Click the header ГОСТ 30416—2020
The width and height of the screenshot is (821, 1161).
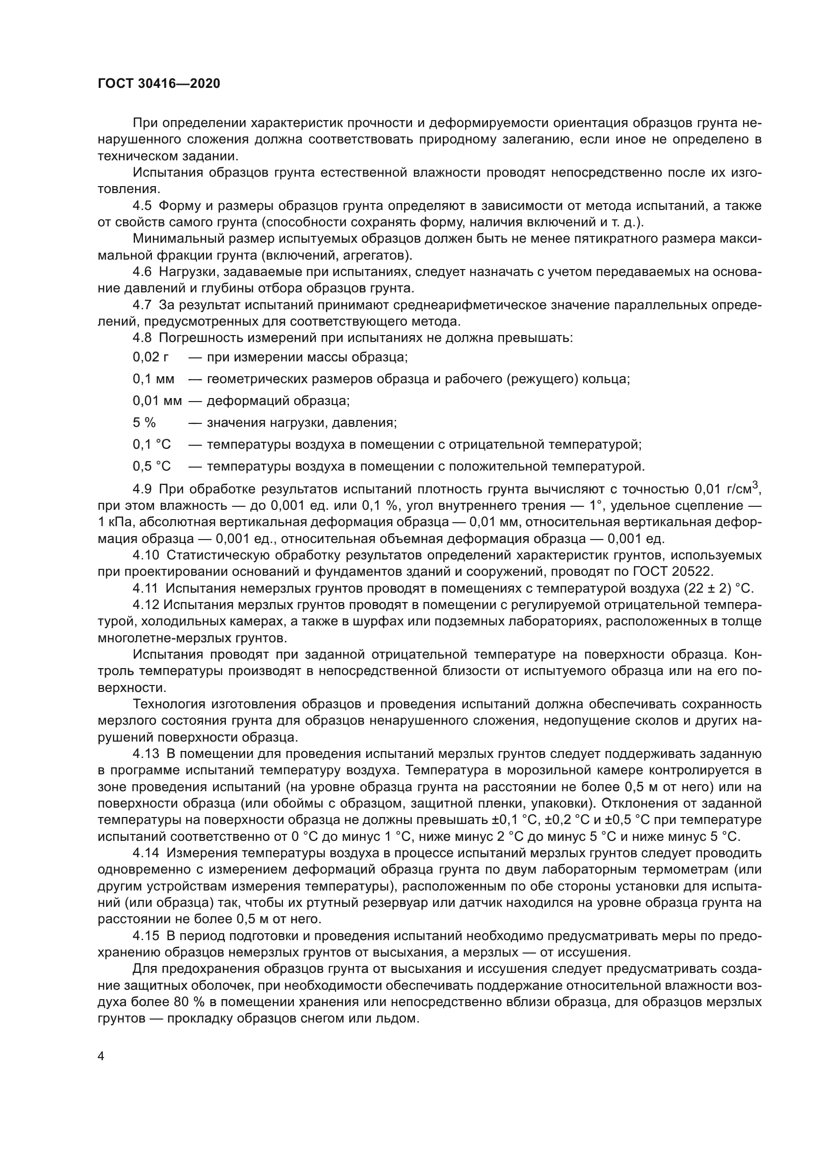(159, 84)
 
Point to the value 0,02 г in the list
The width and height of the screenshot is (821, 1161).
(151, 357)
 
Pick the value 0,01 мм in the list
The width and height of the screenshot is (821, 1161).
(157, 401)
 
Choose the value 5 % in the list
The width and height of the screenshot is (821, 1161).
(144, 423)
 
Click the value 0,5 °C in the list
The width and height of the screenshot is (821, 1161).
(152, 466)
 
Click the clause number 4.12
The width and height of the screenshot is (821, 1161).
(146, 605)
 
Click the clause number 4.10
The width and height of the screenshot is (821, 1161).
(146, 555)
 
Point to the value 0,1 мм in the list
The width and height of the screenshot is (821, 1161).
(154, 379)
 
